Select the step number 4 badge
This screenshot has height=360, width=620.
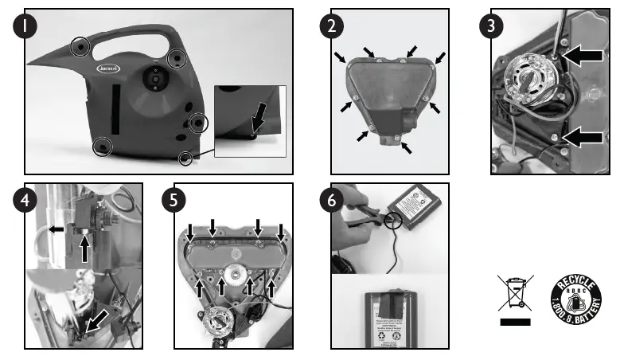28,200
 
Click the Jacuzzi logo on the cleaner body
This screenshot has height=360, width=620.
108,70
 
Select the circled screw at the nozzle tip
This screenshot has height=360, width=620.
80,49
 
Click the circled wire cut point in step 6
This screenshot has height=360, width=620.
392,217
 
